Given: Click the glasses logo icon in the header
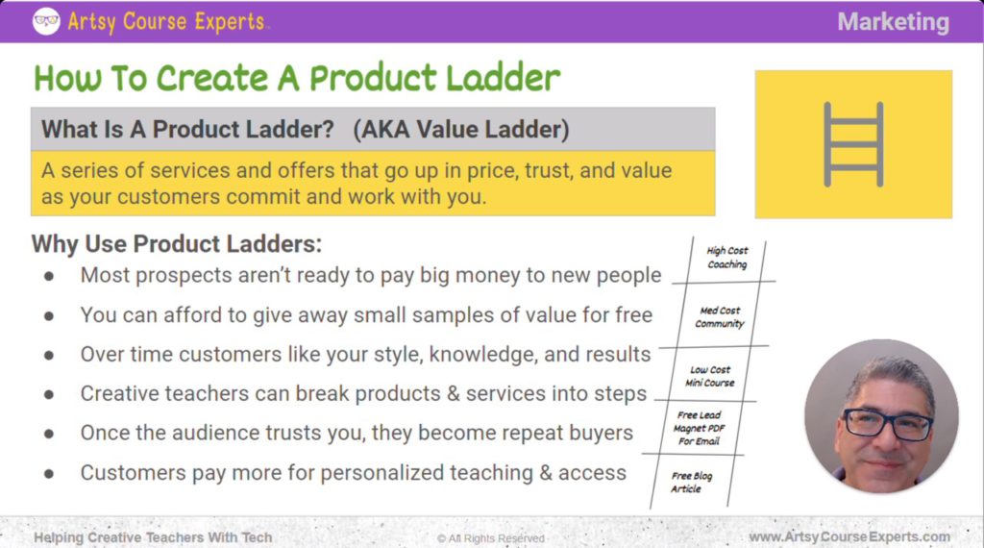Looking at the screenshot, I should tap(46, 21).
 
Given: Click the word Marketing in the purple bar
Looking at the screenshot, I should tap(893, 21).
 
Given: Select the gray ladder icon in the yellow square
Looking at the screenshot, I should tap(853, 144).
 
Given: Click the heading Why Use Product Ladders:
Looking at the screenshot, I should tap(177, 243).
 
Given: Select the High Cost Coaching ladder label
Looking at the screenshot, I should tap(726, 258).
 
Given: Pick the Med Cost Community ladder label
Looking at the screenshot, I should tap(720, 317).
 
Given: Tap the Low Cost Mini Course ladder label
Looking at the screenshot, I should tap(711, 376).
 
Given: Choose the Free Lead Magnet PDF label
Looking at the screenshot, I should tap(699, 429).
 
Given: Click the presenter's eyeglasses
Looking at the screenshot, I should tap(887, 424).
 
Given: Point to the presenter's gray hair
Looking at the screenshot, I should tap(879, 370).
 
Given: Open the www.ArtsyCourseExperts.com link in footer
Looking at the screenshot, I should tap(849, 536).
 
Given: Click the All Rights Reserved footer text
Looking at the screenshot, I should tap(491, 538).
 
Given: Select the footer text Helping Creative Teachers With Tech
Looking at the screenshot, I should tap(153, 537).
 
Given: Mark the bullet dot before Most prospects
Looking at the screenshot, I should tap(49, 276).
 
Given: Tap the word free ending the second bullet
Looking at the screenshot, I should tap(631, 314).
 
